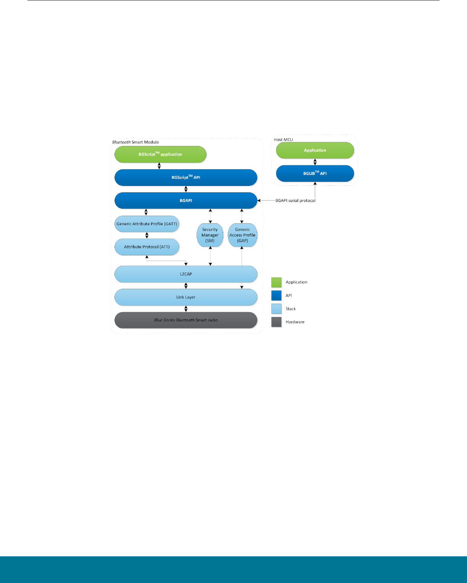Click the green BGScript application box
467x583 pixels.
coord(160,154)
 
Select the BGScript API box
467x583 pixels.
coord(186,177)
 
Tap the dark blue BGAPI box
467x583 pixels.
coord(186,200)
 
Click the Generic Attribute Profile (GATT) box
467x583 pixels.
coord(147,224)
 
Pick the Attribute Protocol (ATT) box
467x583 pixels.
coord(147,247)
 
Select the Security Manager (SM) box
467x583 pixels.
coord(210,235)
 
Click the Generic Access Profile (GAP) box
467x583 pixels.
coord(242,235)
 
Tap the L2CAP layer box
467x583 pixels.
coord(186,274)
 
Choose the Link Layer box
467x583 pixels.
coord(186,297)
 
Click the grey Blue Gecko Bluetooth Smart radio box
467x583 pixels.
coord(186,320)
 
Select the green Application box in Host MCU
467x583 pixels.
coord(315,150)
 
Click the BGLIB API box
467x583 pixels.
coord(315,173)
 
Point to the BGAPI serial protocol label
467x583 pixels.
coord(296,200)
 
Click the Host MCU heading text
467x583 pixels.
coord(283,139)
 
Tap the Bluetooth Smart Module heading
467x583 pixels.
coord(135,142)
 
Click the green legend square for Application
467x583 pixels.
coord(276,282)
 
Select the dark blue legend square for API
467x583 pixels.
coord(276,296)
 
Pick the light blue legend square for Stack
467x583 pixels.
coord(276,309)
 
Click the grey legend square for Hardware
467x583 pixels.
coord(276,322)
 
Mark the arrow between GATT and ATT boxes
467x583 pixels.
coord(147,235)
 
